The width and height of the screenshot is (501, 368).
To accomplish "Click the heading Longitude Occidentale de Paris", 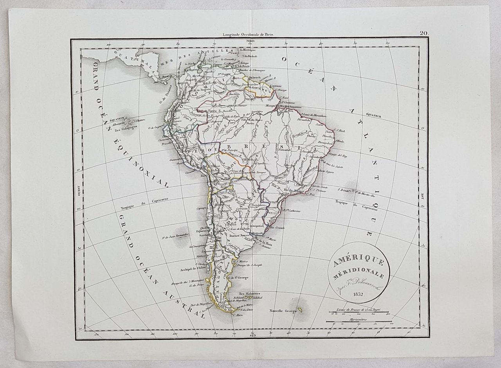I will pos(249,35).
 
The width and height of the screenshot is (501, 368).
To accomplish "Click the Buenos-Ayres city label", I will pos(239,236).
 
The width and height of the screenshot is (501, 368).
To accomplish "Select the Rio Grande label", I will pos(278,227).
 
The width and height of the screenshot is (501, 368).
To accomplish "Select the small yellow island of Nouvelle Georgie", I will pos(300,310).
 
